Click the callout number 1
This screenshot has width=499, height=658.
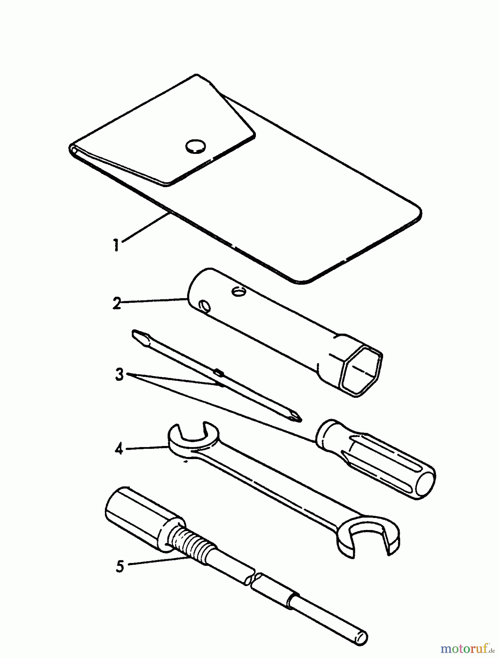[x=116, y=245]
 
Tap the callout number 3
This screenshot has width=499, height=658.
[x=120, y=375]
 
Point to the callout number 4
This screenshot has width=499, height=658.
[x=119, y=449]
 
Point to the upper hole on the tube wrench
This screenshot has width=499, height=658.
[x=239, y=291]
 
